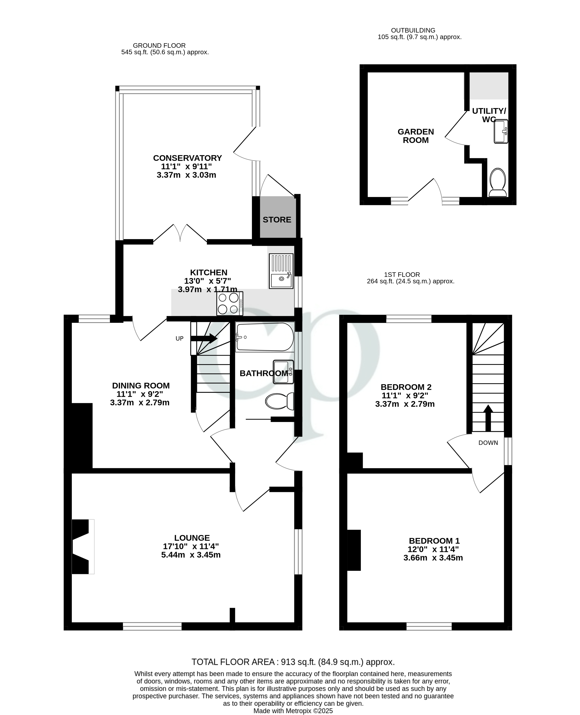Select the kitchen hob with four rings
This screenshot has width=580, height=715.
click(230, 303)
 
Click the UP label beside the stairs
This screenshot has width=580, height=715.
click(179, 338)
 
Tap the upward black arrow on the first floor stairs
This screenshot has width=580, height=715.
click(488, 418)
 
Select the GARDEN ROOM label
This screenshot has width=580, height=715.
click(416, 136)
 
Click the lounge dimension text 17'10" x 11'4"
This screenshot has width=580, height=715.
click(191, 546)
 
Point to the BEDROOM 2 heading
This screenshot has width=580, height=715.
click(406, 387)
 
